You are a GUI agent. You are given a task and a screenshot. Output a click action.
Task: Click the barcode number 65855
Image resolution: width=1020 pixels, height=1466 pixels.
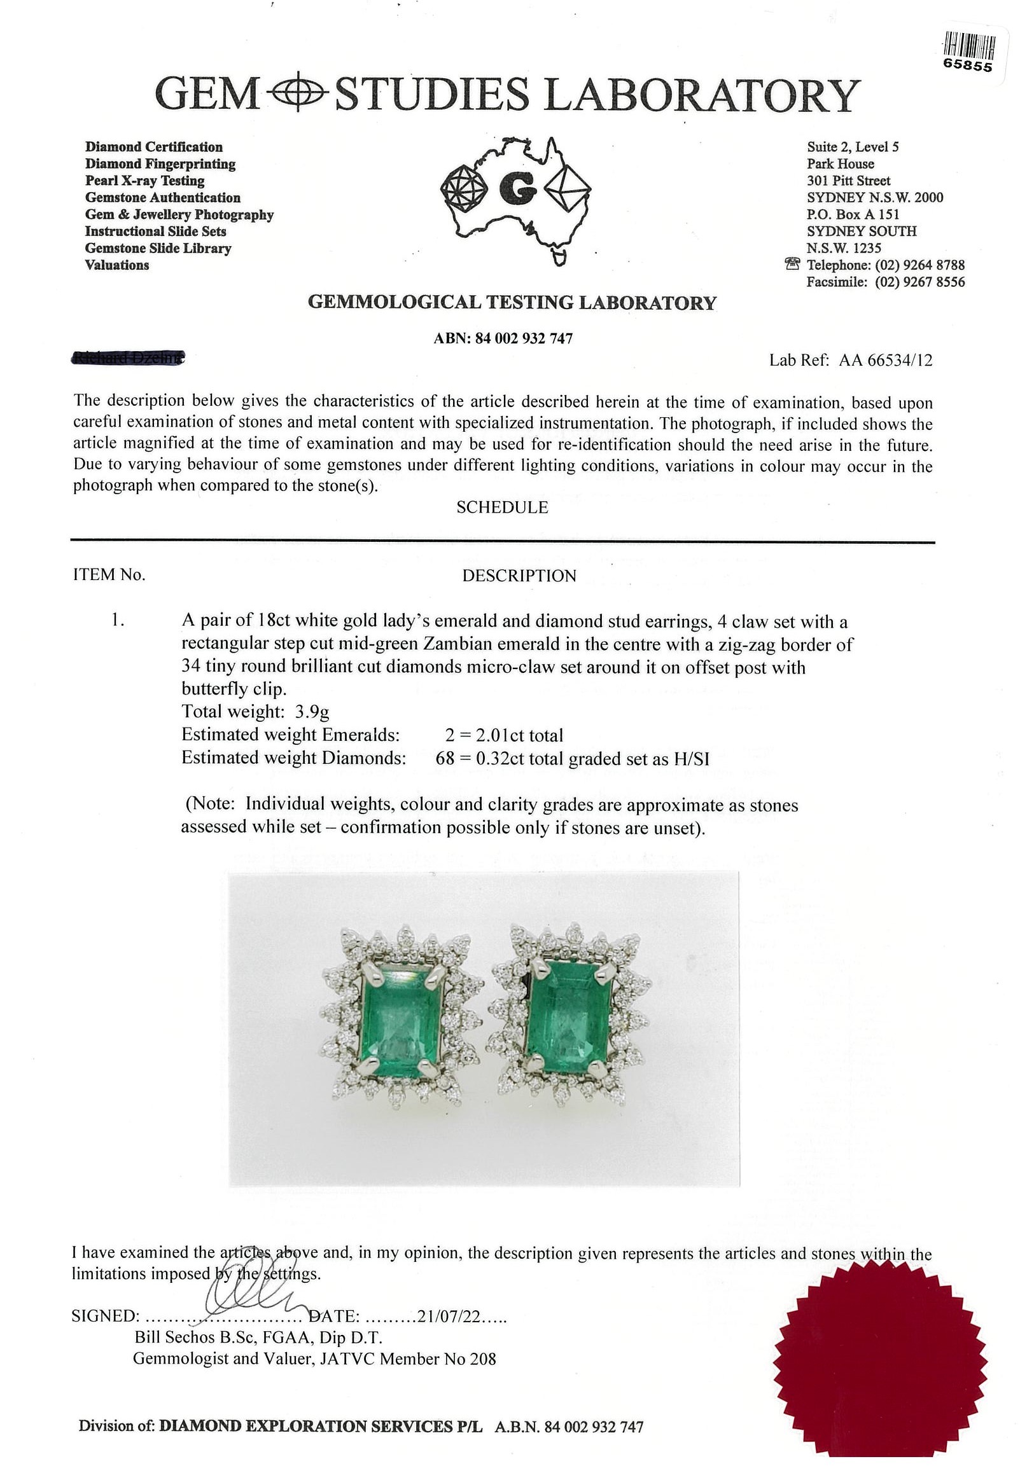coord(968,66)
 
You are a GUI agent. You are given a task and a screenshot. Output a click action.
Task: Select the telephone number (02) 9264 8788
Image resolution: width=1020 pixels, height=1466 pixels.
coord(919,265)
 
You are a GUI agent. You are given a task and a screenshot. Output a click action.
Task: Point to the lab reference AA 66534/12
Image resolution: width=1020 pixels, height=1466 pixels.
coord(885,361)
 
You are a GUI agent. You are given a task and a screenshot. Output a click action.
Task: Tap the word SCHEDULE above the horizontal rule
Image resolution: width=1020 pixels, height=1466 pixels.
coord(502,508)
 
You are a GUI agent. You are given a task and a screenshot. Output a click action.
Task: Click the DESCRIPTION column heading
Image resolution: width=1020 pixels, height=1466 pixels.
coord(519,576)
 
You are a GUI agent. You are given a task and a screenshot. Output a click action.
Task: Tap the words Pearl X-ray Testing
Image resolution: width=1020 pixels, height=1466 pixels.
coord(145,181)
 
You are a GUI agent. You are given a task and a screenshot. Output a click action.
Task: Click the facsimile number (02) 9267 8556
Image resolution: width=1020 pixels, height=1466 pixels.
coord(919,282)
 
